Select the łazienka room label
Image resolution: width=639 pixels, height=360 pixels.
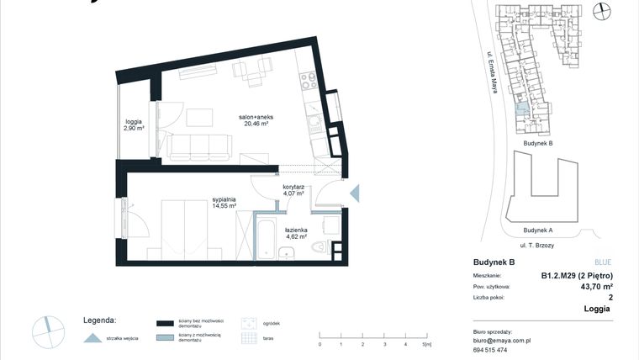pyautogui.click(x=296, y=233)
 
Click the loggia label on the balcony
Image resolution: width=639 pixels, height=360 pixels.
pyautogui.click(x=134, y=125)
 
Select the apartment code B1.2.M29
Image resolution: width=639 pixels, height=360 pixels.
pyautogui.click(x=576, y=275)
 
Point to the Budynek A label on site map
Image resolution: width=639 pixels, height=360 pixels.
pyautogui.click(x=537, y=230)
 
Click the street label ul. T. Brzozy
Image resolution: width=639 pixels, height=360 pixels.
pyautogui.click(x=537, y=245)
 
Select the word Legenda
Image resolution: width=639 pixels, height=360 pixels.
pyautogui.click(x=99, y=320)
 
